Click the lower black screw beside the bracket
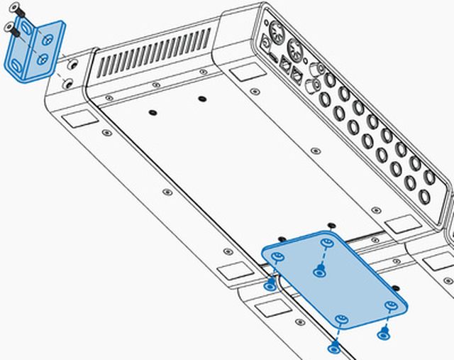tap(10, 28)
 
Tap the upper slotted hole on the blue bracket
tap(30, 31)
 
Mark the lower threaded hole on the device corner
tap(68, 84)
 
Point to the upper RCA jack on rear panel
tap(314, 72)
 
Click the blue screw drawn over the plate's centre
tap(320, 271)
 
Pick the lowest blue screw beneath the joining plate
tap(334, 347)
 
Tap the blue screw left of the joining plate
tap(270, 285)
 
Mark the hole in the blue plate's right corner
tap(389, 306)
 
